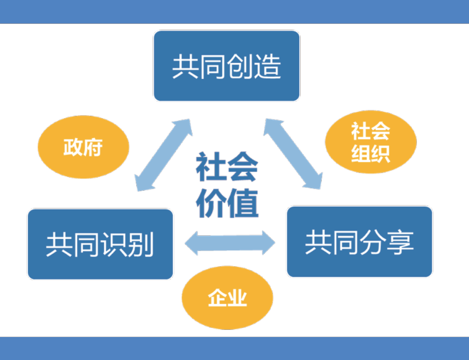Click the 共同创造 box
pos(227,66)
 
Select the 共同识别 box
pos(100,244)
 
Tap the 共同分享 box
pos(360,241)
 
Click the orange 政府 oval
pos(84,147)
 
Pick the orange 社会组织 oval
pos(371,142)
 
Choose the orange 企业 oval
pos(227,297)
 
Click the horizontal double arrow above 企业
pos(230,243)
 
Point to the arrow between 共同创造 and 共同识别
pos(164,155)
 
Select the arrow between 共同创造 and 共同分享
pos(293,153)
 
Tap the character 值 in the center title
pos(243,203)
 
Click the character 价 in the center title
pos(211,203)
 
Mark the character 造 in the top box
pos(268,66)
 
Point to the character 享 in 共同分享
pos(401,242)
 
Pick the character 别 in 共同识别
pos(141,245)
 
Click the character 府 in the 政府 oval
pos(93,147)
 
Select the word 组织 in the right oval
pos(371,153)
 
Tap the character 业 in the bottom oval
pos(237,298)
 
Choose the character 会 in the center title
pos(243,167)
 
